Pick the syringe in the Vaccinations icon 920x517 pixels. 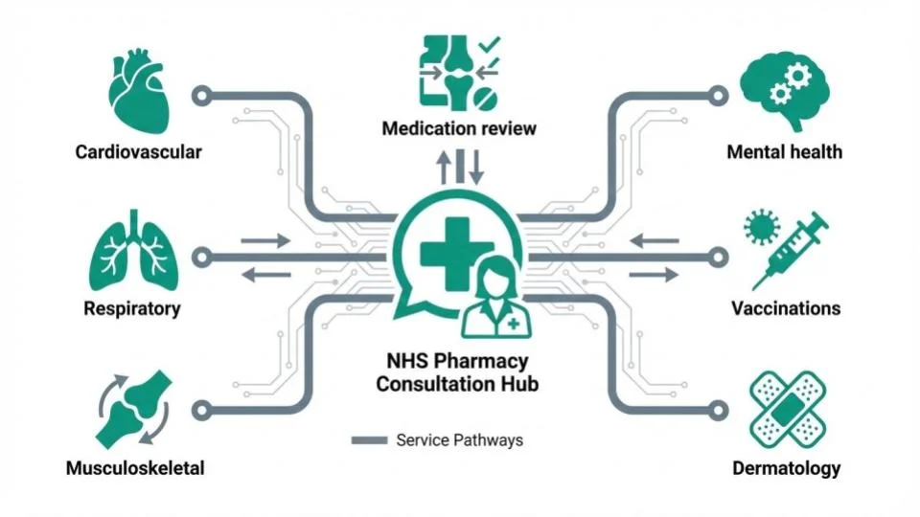click(793, 247)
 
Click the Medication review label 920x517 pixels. click(459, 128)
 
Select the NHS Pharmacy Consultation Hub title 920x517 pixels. click(458, 373)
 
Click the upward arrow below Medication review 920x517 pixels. click(445, 167)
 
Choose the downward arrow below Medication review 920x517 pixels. click(474, 167)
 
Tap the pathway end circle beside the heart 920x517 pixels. click(201, 96)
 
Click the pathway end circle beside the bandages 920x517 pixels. click(718, 410)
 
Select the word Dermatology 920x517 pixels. click(786, 468)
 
